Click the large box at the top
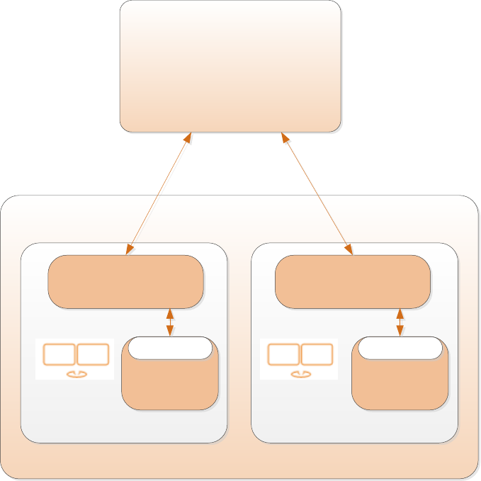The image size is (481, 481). (x=230, y=66)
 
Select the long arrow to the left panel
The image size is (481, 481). (x=159, y=192)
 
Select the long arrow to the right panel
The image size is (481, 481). (x=317, y=192)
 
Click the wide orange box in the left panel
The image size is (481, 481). (x=125, y=281)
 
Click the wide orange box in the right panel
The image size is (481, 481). (x=353, y=281)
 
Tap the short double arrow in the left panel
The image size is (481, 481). (x=169, y=322)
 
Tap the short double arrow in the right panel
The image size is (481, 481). (x=400, y=322)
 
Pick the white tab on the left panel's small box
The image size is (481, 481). (x=170, y=348)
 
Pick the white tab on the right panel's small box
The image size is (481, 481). (x=400, y=348)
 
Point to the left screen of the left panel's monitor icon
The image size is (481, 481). (x=59, y=354)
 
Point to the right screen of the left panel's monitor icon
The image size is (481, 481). (x=93, y=354)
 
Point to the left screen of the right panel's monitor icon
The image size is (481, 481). (x=283, y=354)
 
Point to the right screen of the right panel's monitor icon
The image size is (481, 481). (x=317, y=354)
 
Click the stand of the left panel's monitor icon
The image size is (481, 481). (x=76, y=373)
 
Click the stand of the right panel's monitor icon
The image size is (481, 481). (x=300, y=373)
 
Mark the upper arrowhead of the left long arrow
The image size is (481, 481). (x=188, y=136)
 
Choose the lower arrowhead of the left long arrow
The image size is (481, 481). (x=129, y=249)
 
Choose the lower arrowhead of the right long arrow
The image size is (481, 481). (x=349, y=249)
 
